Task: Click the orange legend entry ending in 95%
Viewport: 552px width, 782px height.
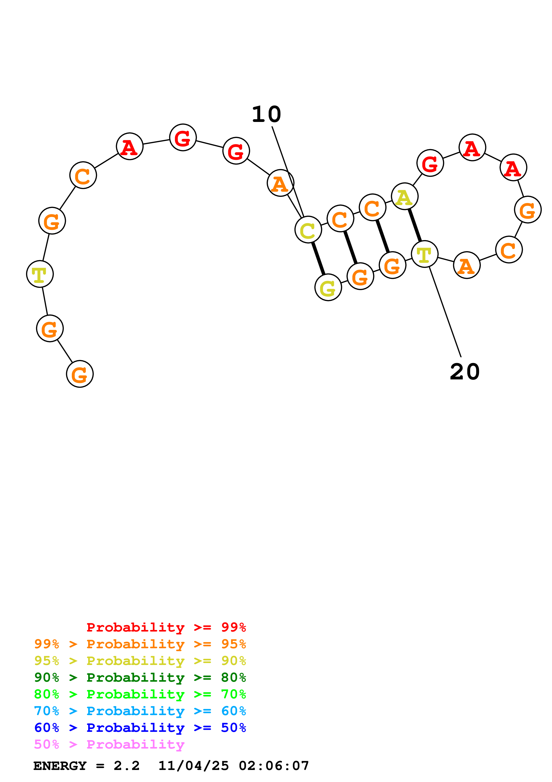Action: pyautogui.click(x=140, y=644)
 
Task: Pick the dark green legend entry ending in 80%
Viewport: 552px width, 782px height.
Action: pyautogui.click(x=140, y=677)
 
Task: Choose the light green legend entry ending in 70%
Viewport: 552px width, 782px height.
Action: pyautogui.click(x=140, y=694)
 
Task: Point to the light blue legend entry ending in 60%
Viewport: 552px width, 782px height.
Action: pyautogui.click(x=140, y=711)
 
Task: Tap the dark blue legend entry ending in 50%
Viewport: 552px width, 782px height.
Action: pyautogui.click(x=140, y=728)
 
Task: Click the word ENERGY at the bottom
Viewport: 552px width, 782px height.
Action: pyautogui.click(x=60, y=766)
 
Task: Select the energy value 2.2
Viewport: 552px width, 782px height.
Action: pyautogui.click(x=126, y=766)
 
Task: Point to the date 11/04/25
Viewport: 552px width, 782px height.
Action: pyautogui.click(x=194, y=766)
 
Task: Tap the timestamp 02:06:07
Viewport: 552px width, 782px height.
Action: pyautogui.click(x=274, y=766)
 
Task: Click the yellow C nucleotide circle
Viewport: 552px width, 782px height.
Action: pyautogui.click(x=308, y=230)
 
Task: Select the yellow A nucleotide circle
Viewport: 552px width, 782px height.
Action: pyautogui.click(x=404, y=197)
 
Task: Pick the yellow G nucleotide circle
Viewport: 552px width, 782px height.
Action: pyautogui.click(x=328, y=288)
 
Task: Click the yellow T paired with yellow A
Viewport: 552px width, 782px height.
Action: pyautogui.click(x=424, y=254)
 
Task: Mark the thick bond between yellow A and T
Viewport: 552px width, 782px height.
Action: pyautogui.click(x=415, y=225)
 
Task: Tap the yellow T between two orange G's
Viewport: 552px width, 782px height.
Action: pyautogui.click(x=40, y=274)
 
